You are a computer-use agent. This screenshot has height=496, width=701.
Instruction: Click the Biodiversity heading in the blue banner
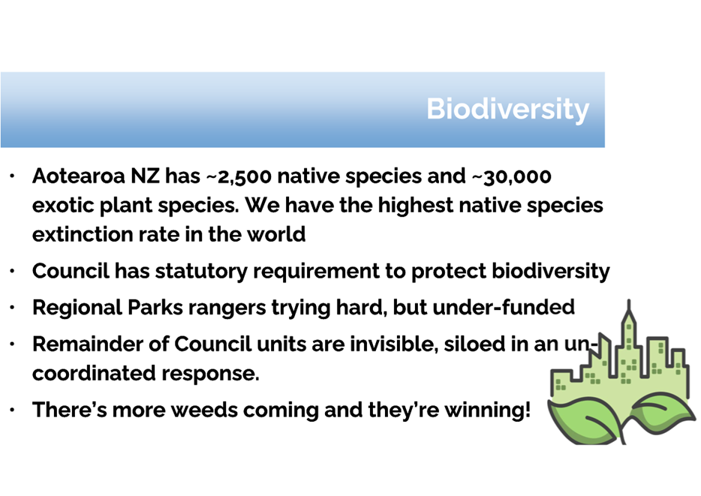[x=508, y=109]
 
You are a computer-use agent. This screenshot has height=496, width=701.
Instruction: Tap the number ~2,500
[x=239, y=177]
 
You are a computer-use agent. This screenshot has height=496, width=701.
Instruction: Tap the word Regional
[x=77, y=308]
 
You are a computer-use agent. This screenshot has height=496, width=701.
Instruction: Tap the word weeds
[x=204, y=410]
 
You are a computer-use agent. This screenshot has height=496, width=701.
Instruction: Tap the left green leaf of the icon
[x=581, y=420]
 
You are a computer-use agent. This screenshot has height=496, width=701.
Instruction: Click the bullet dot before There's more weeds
[x=12, y=409]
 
